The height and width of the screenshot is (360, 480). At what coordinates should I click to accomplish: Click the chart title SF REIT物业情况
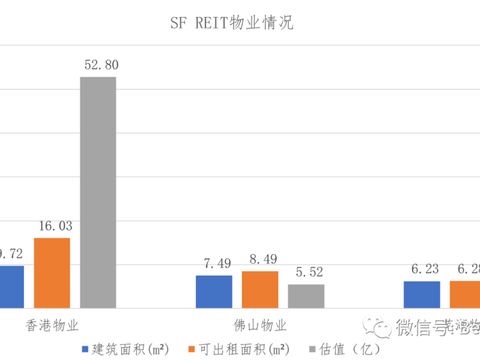click(240, 20)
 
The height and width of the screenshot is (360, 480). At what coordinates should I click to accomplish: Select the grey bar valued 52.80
click(97, 191)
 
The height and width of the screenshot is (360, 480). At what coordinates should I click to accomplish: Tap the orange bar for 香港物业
click(52, 271)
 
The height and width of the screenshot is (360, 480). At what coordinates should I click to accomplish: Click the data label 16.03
click(52, 227)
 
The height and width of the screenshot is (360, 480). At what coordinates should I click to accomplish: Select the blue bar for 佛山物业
click(213, 290)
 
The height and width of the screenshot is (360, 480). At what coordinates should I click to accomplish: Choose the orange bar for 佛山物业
click(259, 288)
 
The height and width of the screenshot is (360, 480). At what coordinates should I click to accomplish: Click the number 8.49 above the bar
click(259, 260)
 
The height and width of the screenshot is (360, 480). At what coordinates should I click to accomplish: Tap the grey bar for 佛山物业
click(305, 295)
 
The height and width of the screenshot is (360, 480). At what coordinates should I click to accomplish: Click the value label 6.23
click(421, 269)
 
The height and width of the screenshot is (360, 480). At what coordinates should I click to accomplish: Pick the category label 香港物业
click(52, 325)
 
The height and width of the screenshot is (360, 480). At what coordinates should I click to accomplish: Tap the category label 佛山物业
click(259, 325)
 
